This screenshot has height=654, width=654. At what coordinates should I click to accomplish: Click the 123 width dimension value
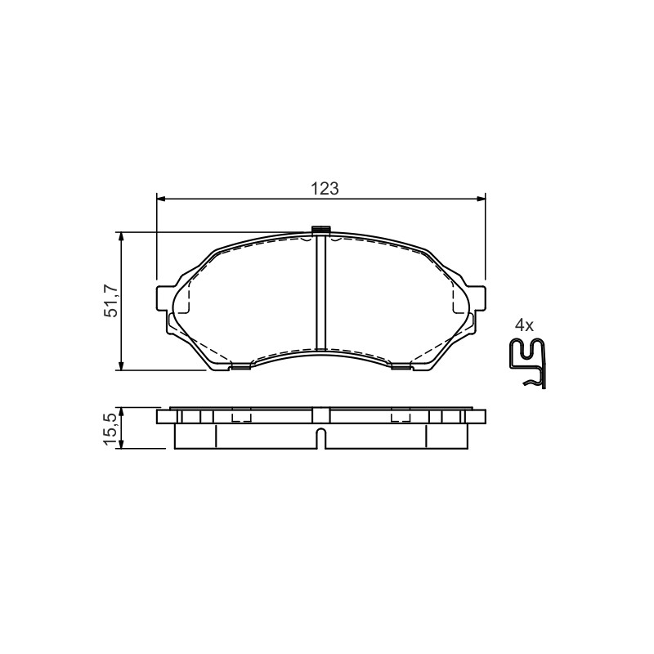coord(325,189)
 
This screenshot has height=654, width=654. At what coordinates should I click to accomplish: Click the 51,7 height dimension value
coord(111,301)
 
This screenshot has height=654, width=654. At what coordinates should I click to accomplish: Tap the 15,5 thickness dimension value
coord(111,430)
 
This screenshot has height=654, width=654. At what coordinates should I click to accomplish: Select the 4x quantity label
coord(524,325)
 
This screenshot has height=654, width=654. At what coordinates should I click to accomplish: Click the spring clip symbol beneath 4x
coord(528,363)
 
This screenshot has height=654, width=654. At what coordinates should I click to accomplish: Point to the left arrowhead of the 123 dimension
coord(161,199)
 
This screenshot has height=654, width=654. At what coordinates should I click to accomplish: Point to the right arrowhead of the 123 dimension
coord(481,199)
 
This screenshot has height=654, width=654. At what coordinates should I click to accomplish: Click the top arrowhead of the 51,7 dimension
coord(121,236)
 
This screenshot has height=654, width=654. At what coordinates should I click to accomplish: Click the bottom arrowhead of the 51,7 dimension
coord(121,365)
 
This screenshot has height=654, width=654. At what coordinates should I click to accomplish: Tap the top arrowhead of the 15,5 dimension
coord(121,413)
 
